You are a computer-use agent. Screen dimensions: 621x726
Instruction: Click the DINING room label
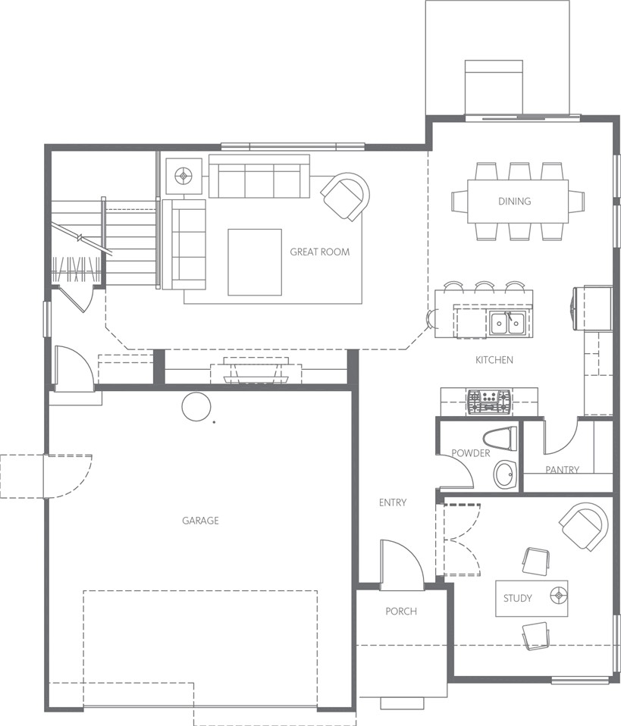(x=514, y=201)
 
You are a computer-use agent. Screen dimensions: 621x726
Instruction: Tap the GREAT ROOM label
(x=320, y=252)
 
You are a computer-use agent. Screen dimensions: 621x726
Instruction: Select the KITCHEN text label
(x=494, y=360)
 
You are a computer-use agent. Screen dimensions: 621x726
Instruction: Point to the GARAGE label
(x=200, y=521)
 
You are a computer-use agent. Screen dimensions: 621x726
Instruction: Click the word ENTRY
(x=393, y=502)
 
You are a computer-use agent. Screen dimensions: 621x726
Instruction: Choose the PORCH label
(x=401, y=611)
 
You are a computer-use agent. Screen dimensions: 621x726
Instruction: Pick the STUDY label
(x=517, y=598)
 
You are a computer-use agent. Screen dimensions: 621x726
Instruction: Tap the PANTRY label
(x=562, y=470)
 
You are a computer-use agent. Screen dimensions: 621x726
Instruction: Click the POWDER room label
(x=471, y=453)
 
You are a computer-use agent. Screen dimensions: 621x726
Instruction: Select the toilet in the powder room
(x=500, y=439)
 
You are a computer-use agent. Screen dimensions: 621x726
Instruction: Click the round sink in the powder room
(x=505, y=474)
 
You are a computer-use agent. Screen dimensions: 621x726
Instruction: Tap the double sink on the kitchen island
(x=508, y=322)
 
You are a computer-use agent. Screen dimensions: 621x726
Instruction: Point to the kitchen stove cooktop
(x=488, y=401)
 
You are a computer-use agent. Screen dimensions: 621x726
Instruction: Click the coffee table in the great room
(x=255, y=261)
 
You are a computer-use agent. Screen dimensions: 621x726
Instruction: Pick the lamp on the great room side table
(x=184, y=176)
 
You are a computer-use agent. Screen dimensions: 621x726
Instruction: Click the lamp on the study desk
(x=558, y=594)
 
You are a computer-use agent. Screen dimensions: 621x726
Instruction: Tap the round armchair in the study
(x=583, y=527)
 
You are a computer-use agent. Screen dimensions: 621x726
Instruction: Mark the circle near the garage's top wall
(x=196, y=407)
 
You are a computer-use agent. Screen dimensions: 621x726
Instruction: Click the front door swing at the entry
(x=402, y=564)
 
